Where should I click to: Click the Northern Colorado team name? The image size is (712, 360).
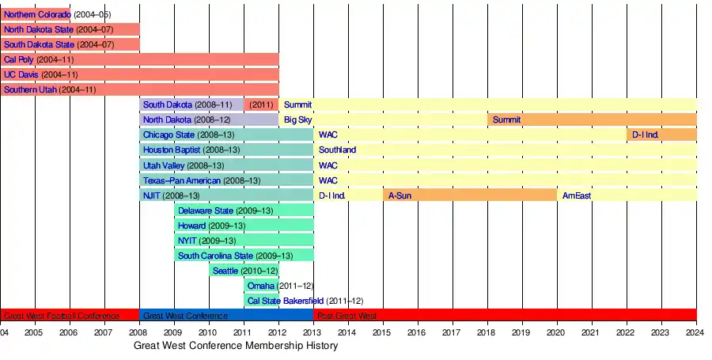pos(37,15)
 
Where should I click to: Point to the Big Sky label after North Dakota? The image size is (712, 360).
pos(297,119)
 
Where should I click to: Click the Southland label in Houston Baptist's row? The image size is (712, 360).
pos(337,150)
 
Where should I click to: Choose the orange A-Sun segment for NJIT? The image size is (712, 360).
pos(470,195)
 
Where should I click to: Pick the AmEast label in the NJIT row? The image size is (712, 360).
pos(576,195)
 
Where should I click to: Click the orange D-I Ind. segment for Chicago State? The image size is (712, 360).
pos(661,135)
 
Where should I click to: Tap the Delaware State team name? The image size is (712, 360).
pos(206,210)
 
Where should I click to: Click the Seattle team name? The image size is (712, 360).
pos(226,271)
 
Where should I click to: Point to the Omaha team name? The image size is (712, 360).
pos(261,286)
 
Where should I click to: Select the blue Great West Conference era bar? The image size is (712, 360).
pos(226,315)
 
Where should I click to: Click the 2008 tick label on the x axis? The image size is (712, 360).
pos(138,332)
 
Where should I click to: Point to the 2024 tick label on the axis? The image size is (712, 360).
pos(696,332)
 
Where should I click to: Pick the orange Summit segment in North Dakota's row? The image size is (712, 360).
pos(592,119)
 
